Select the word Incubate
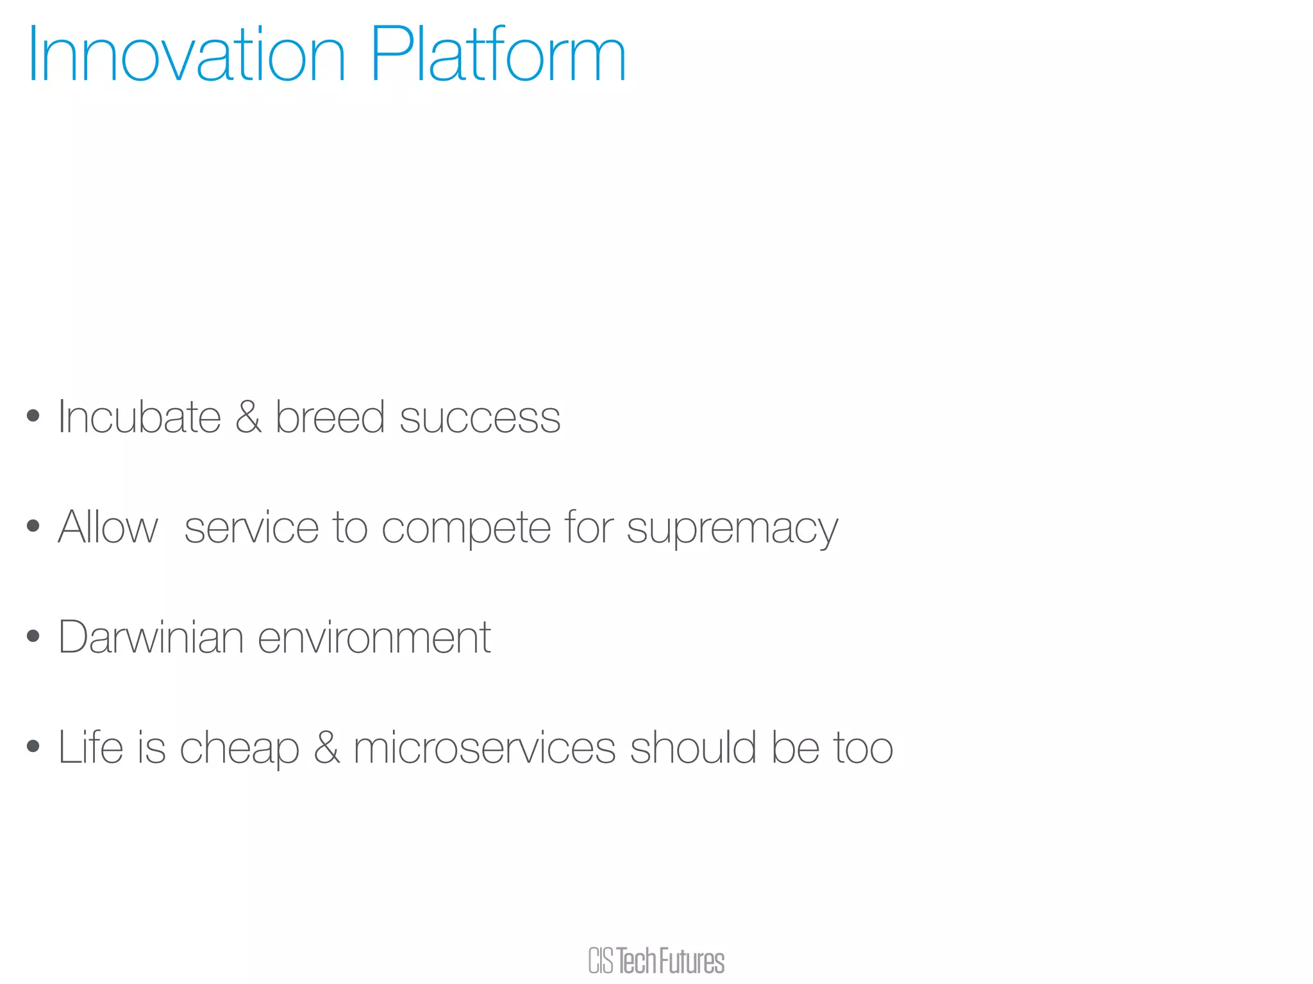[139, 417]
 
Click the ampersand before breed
[248, 417]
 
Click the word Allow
[108, 527]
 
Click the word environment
[374, 637]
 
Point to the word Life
[90, 747]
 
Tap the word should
[693, 747]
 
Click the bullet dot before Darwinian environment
[33, 636]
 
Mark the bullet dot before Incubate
[33, 416]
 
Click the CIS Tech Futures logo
[656, 961]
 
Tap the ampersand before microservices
[326, 747]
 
